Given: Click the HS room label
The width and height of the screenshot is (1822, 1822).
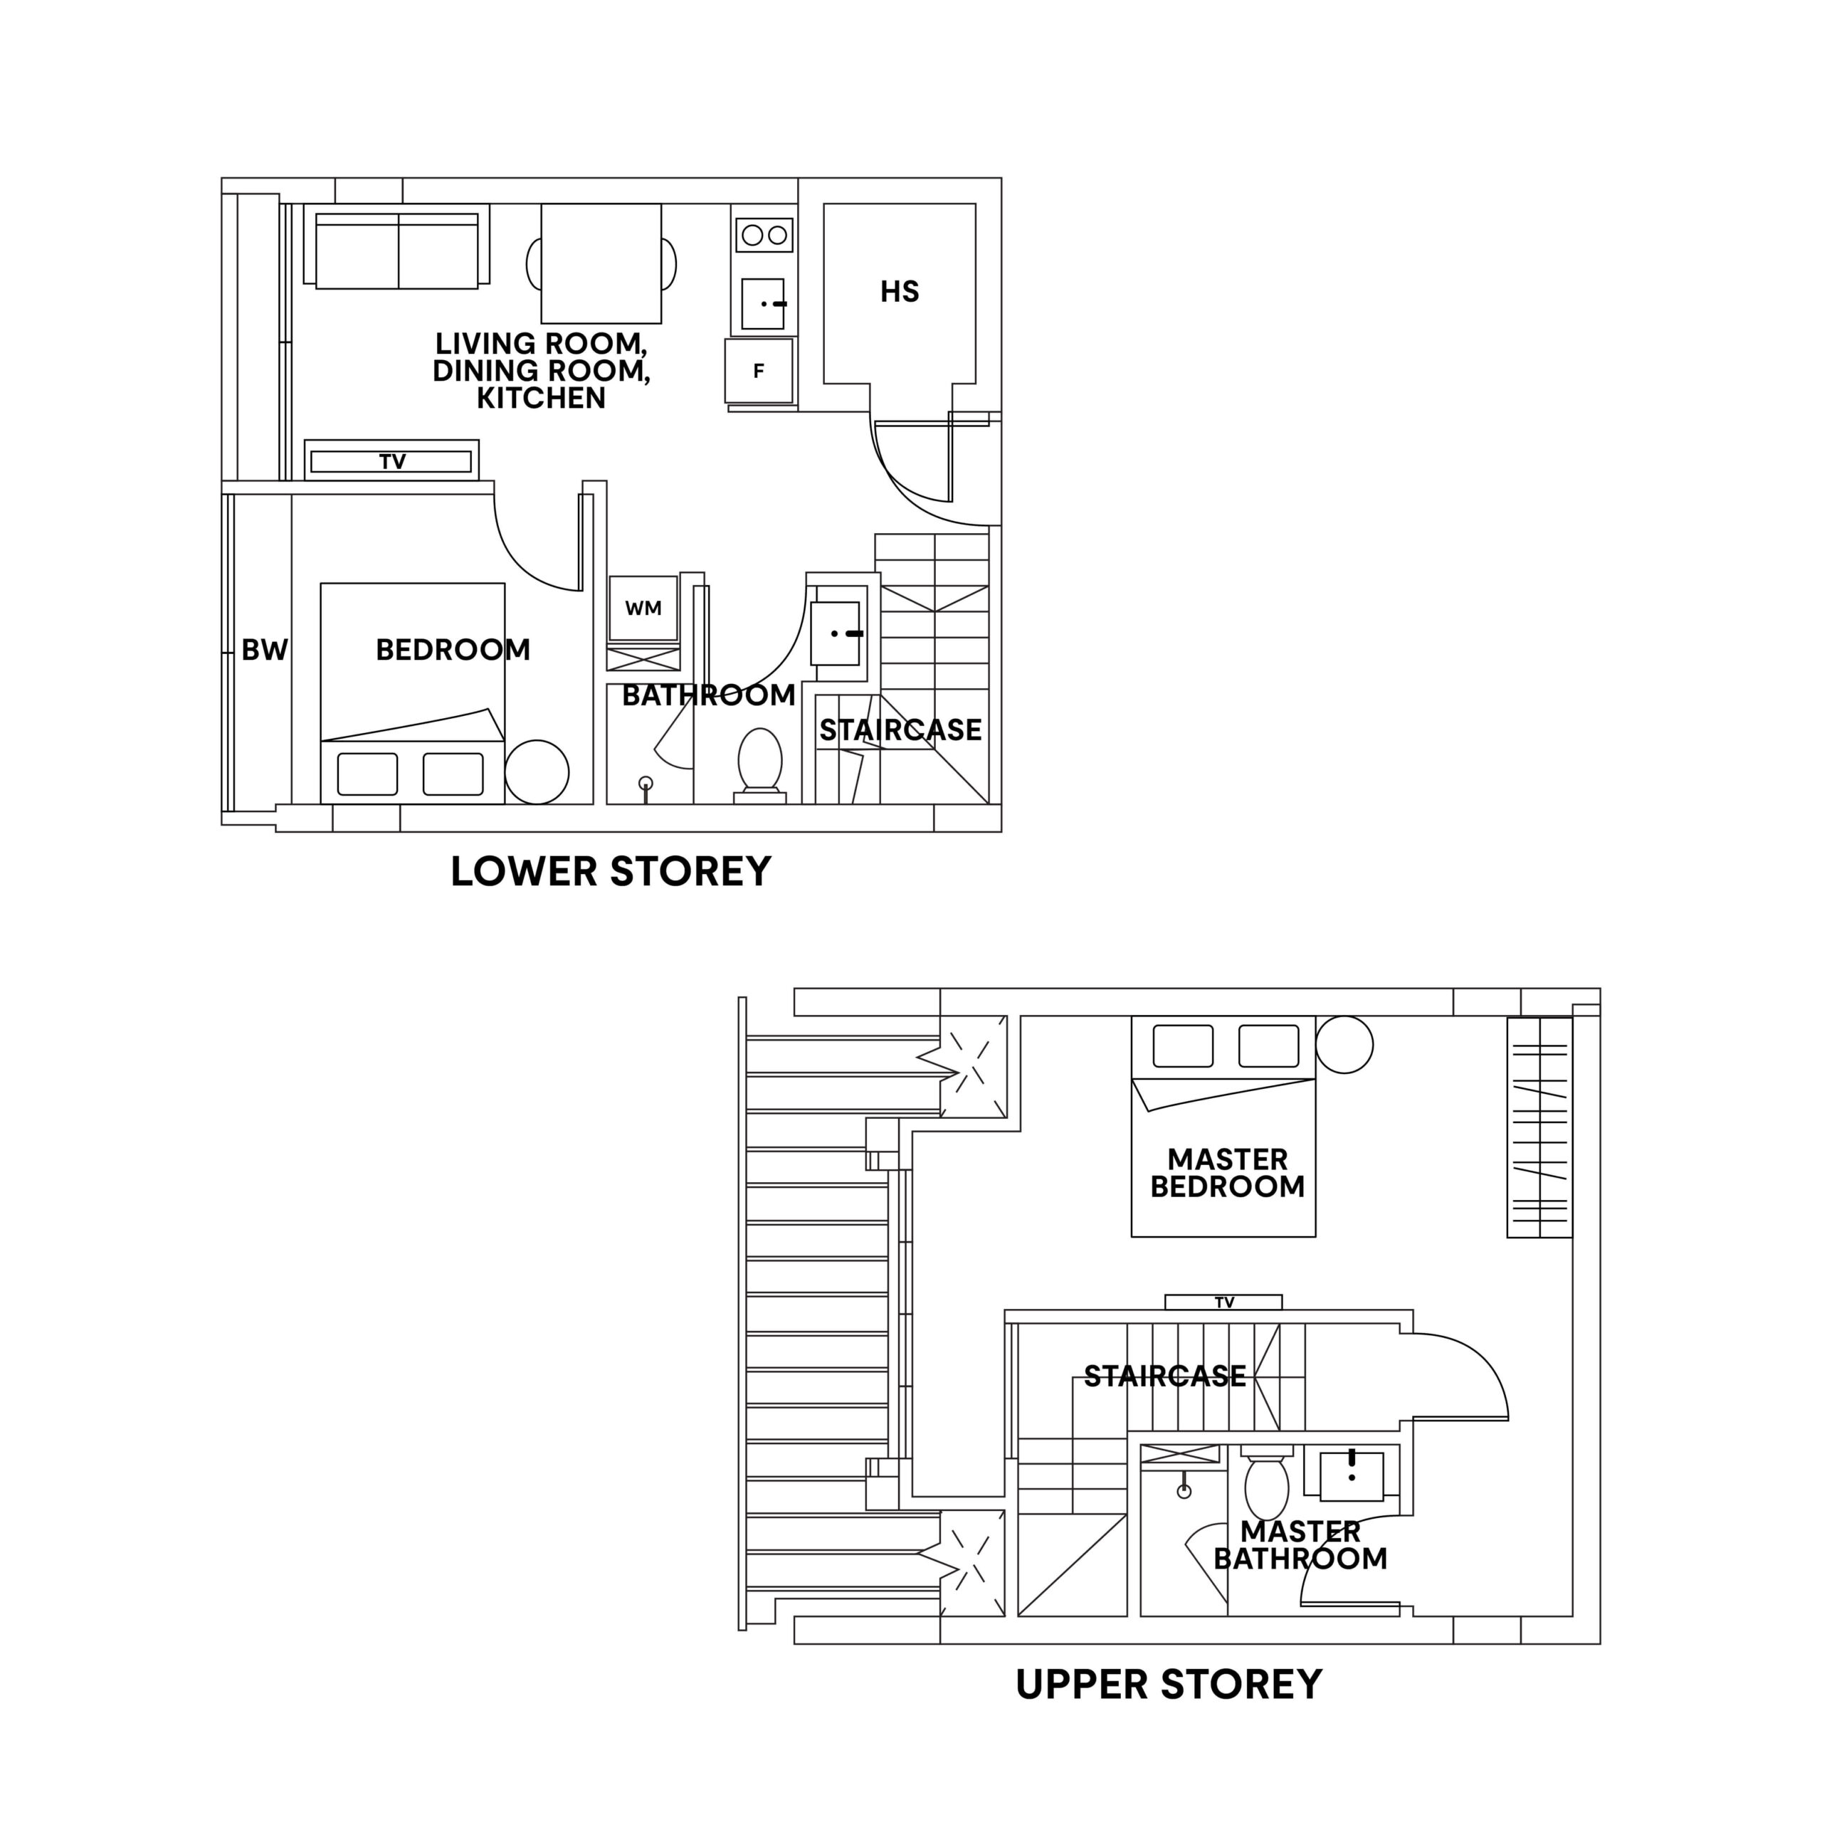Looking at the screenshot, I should tap(899, 291).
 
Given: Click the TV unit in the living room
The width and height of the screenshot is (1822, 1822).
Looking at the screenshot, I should tap(391, 461).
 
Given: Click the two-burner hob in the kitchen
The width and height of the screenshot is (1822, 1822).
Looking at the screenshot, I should tap(764, 235).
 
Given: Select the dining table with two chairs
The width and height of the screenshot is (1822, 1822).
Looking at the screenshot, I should tap(601, 264).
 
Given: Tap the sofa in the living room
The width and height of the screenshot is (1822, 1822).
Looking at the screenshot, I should tap(397, 250).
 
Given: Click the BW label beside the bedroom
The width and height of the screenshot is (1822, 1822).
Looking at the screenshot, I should tap(264, 650).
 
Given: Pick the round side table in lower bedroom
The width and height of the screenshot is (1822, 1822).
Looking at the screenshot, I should tap(537, 772).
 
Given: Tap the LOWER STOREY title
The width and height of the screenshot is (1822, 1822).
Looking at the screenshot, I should tap(611, 871).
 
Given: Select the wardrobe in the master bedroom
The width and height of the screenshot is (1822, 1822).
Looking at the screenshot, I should tap(1539, 1127).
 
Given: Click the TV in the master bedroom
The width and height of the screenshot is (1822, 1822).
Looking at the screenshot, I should tap(1223, 1302).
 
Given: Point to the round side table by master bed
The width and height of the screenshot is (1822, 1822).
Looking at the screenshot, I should tap(1344, 1045).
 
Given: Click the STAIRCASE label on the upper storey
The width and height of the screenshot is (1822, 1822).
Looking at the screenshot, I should tap(1164, 1376).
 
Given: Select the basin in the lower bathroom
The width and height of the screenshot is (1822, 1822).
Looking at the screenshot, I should tap(836, 633).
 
